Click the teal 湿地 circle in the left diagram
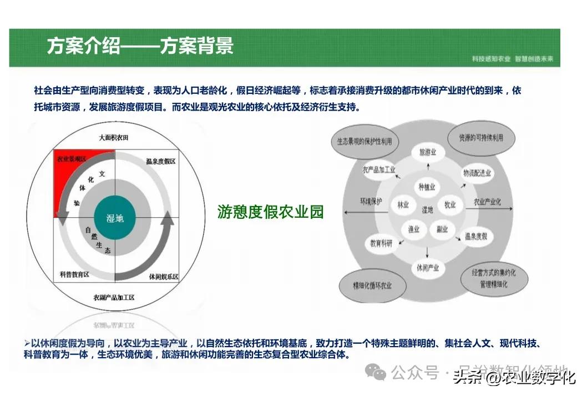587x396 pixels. tap(115, 217)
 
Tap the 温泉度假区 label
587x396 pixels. tap(160, 162)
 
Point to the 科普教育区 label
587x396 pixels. tap(74, 274)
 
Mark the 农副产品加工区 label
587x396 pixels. tap(114, 298)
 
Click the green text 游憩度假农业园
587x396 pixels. tap(271, 212)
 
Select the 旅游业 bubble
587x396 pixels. tap(427, 152)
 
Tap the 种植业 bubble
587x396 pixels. tap(427, 187)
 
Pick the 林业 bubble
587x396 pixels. tap(403, 205)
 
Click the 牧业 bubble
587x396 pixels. tap(449, 205)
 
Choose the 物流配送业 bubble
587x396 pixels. tap(477, 173)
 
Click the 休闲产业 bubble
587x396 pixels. tap(427, 268)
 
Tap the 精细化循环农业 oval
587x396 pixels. tap(372, 285)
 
